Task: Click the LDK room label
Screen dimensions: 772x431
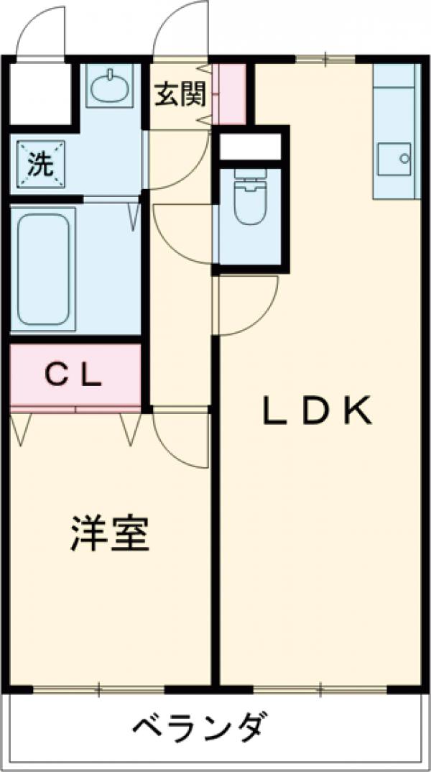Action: point(316,410)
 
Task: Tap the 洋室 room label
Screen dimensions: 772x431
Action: point(109,533)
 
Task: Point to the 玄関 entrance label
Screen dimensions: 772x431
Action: point(180,94)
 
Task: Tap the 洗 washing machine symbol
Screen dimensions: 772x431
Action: point(40,165)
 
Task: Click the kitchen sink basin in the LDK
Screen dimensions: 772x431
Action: point(394,157)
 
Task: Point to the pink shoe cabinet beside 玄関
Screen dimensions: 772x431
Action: point(232,93)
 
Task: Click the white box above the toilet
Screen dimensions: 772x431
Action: point(250,146)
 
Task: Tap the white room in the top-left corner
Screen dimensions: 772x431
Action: point(41,93)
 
